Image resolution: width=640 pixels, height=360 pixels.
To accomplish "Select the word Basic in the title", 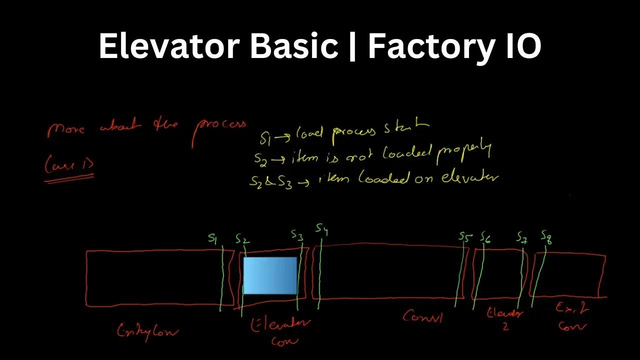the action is [x=293, y=46].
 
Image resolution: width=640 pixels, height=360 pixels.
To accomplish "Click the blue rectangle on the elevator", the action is [x=270, y=275].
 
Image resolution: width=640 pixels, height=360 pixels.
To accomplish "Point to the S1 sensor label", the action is [x=213, y=239].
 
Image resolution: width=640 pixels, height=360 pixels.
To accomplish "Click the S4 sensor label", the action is [x=321, y=229].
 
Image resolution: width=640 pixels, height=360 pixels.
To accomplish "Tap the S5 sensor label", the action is [x=465, y=237].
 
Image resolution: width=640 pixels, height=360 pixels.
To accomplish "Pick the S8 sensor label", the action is [x=546, y=236].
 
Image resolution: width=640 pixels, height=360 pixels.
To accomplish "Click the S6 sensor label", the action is [x=485, y=238].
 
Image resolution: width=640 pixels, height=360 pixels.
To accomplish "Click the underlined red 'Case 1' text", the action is [x=69, y=165].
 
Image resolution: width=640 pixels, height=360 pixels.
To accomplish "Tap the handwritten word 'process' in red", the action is [x=219, y=131].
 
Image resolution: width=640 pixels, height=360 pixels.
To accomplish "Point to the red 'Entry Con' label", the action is [x=147, y=331].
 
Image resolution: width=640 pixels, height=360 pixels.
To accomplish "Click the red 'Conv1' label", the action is [x=423, y=316].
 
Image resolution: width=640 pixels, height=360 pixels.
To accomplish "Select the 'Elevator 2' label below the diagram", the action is [x=505, y=319].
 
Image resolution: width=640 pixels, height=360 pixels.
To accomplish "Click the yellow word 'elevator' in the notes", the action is [x=470, y=177].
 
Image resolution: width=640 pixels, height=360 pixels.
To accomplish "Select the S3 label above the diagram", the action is [x=297, y=235].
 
